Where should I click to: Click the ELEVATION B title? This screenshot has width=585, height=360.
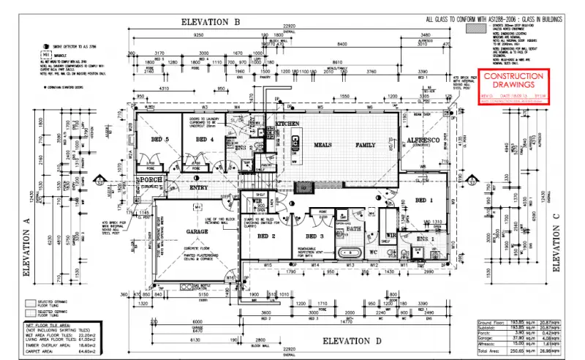coord(211,23)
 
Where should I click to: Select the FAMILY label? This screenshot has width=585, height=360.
coord(365,145)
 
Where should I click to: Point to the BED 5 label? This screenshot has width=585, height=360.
coord(160,139)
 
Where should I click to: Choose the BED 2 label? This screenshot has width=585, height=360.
coord(265,237)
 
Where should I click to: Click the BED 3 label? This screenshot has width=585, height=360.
coord(314,237)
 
